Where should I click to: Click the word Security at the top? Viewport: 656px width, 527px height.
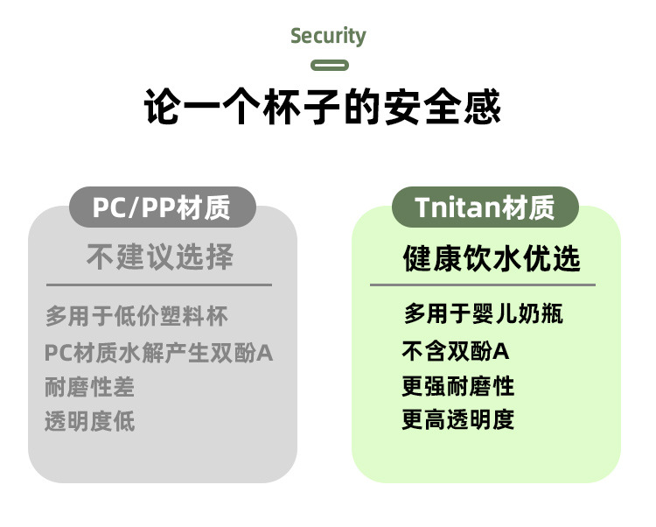(x=328, y=36)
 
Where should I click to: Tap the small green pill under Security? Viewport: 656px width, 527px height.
(x=330, y=65)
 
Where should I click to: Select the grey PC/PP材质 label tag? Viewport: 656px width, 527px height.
(x=162, y=208)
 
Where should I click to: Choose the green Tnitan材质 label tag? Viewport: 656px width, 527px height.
(x=485, y=208)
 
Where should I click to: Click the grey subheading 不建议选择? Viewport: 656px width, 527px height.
(x=160, y=257)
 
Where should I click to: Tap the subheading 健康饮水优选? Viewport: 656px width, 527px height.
(x=492, y=259)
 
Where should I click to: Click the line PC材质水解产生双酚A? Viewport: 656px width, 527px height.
(x=159, y=353)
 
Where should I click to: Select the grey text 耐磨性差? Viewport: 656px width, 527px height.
(x=90, y=386)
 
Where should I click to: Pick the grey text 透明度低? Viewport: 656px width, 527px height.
(x=90, y=421)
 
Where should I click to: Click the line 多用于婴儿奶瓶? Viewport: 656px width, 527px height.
(x=483, y=313)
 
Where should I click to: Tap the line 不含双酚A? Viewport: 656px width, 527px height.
(x=456, y=351)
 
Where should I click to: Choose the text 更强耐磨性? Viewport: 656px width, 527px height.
(x=458, y=385)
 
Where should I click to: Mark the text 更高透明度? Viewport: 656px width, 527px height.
(x=458, y=419)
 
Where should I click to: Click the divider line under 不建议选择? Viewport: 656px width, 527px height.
(x=159, y=285)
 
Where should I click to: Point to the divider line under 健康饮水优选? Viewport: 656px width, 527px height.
(x=482, y=285)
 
